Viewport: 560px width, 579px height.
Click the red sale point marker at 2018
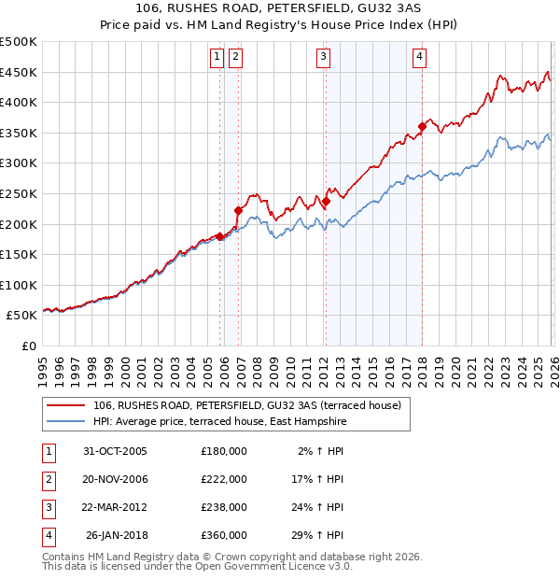point(422,126)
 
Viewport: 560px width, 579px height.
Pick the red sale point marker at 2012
point(326,201)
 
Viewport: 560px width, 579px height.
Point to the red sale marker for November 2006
point(239,210)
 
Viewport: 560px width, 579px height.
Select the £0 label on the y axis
point(28,346)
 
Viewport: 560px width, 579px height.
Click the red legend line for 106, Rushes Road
point(66,405)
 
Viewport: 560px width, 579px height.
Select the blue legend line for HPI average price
point(66,422)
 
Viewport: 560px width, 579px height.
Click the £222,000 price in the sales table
point(223,478)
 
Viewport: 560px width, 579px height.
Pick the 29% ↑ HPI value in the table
point(322,535)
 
